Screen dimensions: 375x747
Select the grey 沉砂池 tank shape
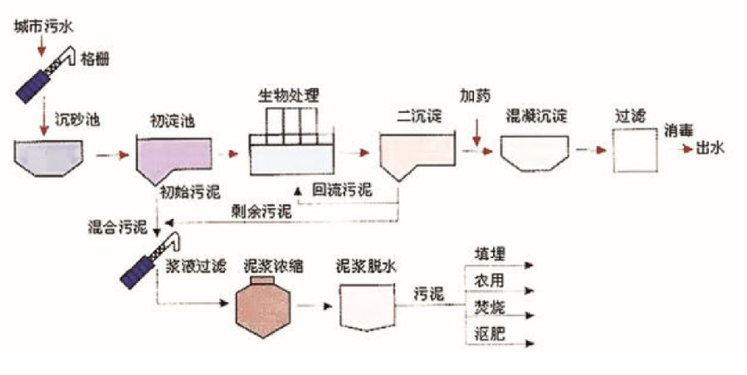[48, 157]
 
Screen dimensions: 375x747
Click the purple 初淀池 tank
[170, 158]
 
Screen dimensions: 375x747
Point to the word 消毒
[677, 132]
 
